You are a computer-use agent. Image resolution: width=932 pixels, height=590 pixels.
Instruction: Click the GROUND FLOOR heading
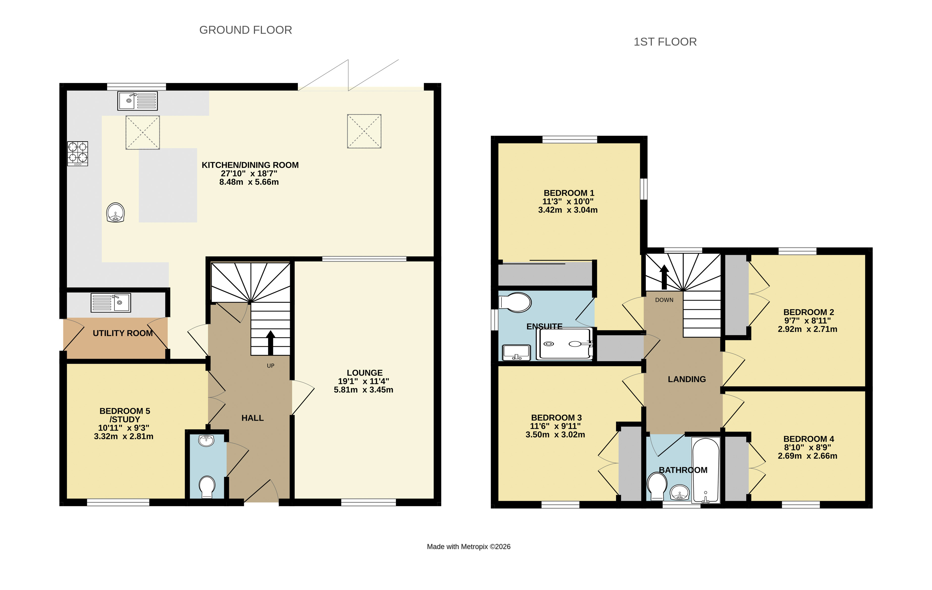(x=245, y=30)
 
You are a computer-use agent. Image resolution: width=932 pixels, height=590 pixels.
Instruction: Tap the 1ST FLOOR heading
(x=665, y=42)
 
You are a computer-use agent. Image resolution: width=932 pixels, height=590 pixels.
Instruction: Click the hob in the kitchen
(x=77, y=154)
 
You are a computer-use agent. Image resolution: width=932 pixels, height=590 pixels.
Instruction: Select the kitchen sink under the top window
(x=137, y=101)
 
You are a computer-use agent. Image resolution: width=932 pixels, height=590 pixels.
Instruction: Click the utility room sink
(x=111, y=303)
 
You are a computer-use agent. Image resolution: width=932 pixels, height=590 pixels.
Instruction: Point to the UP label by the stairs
(x=271, y=366)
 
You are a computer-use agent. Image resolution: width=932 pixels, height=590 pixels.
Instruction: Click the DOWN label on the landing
(x=664, y=300)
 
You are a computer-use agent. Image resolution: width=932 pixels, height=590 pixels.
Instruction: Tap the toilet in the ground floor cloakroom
(x=207, y=487)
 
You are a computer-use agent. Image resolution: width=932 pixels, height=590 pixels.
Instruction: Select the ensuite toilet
(x=515, y=302)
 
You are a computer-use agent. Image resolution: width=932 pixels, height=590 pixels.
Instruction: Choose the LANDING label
(x=687, y=379)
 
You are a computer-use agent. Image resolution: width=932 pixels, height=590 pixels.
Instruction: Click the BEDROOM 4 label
(x=808, y=439)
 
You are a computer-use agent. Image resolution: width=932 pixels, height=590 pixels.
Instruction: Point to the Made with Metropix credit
(x=469, y=547)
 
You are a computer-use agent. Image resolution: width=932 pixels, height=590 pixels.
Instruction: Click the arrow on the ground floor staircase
(x=271, y=343)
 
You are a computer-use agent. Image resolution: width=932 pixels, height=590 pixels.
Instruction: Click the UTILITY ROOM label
(x=123, y=333)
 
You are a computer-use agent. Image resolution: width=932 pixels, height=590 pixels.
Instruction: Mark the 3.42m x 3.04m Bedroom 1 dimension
(x=568, y=210)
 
